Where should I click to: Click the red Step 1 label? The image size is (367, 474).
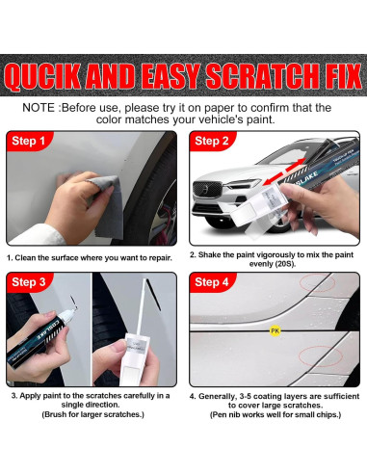(x=28, y=141)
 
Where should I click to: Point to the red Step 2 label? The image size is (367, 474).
(x=211, y=141)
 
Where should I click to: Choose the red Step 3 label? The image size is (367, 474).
(x=28, y=282)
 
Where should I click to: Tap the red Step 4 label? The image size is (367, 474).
(x=211, y=282)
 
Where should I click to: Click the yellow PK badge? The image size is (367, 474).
(x=275, y=330)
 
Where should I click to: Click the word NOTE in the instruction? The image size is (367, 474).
(x=39, y=108)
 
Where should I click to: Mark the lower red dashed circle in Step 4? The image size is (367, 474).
(x=320, y=356)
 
